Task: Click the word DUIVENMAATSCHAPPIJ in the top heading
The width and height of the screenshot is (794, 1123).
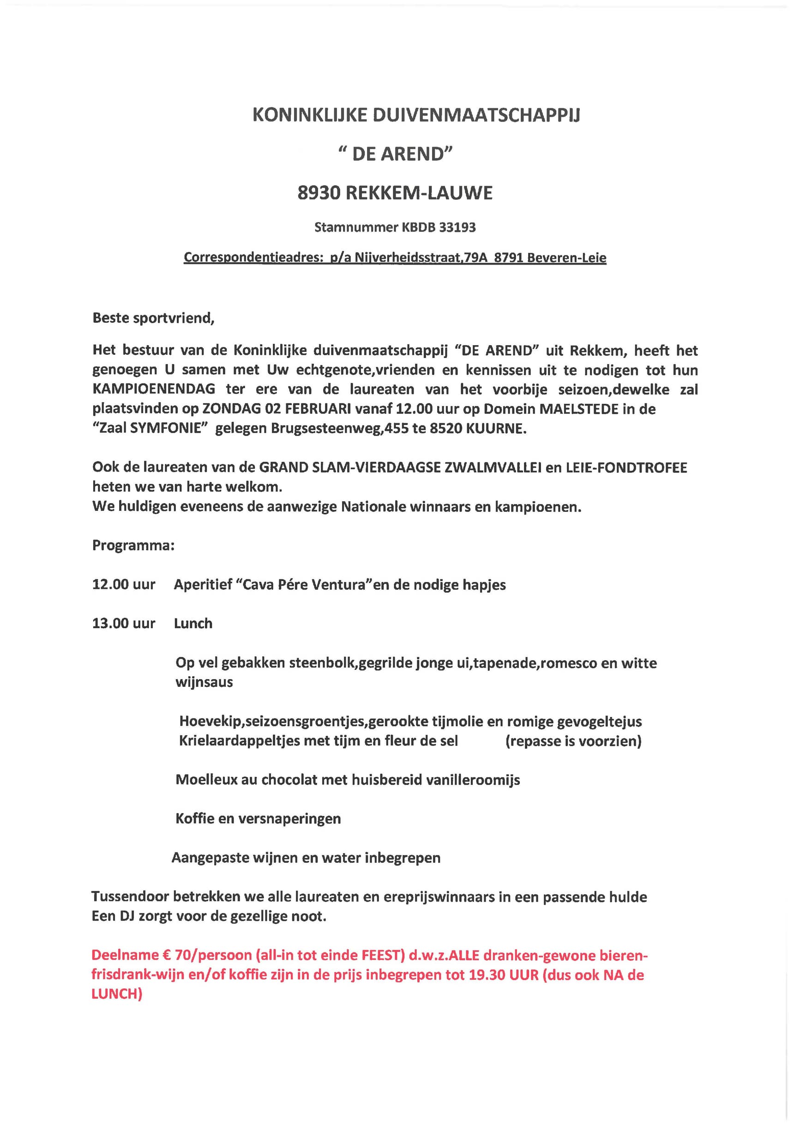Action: point(476,115)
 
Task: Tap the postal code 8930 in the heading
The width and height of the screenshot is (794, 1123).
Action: point(319,193)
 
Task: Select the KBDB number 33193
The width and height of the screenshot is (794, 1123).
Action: point(457,227)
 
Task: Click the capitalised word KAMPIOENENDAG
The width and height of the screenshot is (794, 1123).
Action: point(154,389)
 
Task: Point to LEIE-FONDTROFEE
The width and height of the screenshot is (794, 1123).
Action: point(626,467)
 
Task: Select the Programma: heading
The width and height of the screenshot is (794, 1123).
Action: point(133,545)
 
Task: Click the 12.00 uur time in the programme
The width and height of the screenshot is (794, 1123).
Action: point(124,584)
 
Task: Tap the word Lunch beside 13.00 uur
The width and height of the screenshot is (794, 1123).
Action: point(193,624)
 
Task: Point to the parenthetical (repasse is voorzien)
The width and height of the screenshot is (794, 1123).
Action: point(573,741)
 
